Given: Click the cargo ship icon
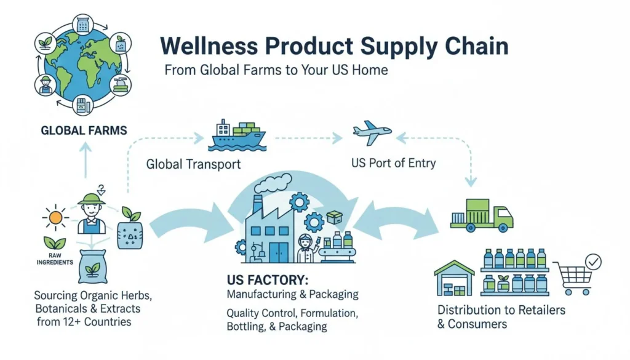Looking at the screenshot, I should tap(237, 135).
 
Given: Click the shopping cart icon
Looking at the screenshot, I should tap(572, 278).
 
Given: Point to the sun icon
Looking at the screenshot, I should tap(56, 217).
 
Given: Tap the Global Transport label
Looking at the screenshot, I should tap(193, 164).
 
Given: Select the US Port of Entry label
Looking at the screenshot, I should tap(393, 163).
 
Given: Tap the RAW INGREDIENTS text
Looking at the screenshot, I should tap(55, 258).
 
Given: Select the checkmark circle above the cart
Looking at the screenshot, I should tap(593, 262).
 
